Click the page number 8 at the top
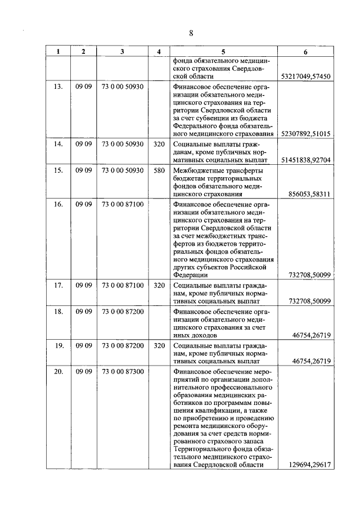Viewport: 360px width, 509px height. click(191, 32)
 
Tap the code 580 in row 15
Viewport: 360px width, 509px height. click(159, 170)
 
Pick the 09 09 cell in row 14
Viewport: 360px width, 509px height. click(83, 145)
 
